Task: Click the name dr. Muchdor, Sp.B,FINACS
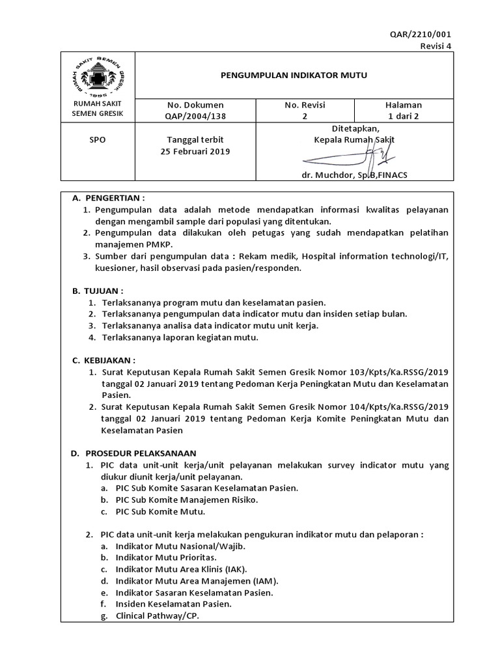pyautogui.click(x=354, y=175)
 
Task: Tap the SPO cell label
pyautogui.click(x=97, y=140)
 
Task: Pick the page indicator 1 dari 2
pyautogui.click(x=404, y=116)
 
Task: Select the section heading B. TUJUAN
pyautogui.click(x=98, y=291)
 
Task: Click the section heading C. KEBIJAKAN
pyautogui.click(x=104, y=360)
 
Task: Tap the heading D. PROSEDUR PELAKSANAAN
pyautogui.click(x=133, y=453)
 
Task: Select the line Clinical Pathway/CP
pyautogui.click(x=157, y=615)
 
